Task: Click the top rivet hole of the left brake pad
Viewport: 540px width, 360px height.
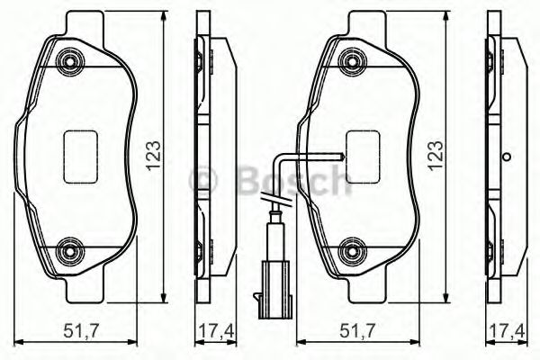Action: tap(68, 61)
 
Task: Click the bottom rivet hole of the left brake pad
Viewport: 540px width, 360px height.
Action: tap(68, 249)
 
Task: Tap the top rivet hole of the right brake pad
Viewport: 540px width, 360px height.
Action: tap(350, 61)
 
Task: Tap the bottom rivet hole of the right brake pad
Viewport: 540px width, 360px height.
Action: tap(350, 249)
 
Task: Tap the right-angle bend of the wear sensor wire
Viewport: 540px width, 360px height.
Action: tap(280, 155)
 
